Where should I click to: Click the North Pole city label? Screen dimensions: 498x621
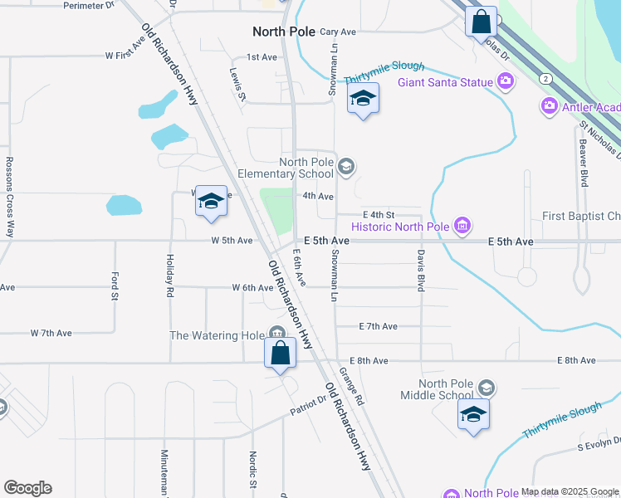click(x=284, y=32)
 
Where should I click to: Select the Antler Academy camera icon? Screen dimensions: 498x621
click(x=549, y=106)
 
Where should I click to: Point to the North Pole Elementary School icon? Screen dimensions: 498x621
click(x=346, y=168)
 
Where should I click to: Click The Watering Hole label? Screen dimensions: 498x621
click(x=217, y=335)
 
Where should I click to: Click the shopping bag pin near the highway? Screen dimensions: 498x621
click(x=482, y=22)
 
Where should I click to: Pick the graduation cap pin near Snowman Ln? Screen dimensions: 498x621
click(x=363, y=100)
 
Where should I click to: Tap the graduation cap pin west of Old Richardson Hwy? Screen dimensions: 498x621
click(x=212, y=201)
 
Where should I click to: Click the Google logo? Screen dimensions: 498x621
click(x=27, y=488)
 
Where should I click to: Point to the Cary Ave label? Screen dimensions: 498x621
click(x=337, y=32)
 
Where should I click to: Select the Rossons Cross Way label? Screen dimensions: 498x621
click(x=10, y=197)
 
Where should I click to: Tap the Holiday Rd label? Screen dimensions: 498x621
click(x=169, y=276)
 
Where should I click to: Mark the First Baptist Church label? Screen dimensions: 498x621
click(x=581, y=217)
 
